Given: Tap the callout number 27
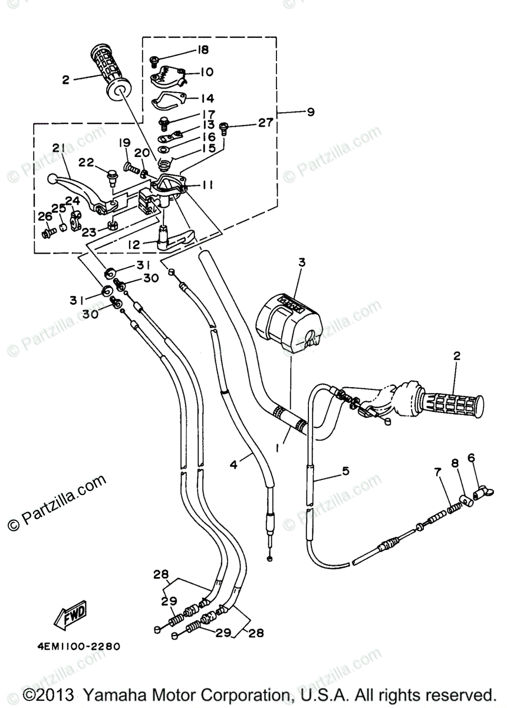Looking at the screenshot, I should coord(265,123).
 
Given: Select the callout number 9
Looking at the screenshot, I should coord(311,111).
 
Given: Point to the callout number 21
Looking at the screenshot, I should coord(57,148).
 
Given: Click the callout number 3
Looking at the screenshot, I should coord(301,263).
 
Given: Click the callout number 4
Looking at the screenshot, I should coord(233,464).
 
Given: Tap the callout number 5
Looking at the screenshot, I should coord(345,471).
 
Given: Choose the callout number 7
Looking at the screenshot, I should coord(437,472).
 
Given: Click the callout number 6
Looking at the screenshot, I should coord(471,457).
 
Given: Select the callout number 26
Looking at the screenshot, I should coord(45,217).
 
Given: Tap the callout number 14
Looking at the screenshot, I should coord(207,99).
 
